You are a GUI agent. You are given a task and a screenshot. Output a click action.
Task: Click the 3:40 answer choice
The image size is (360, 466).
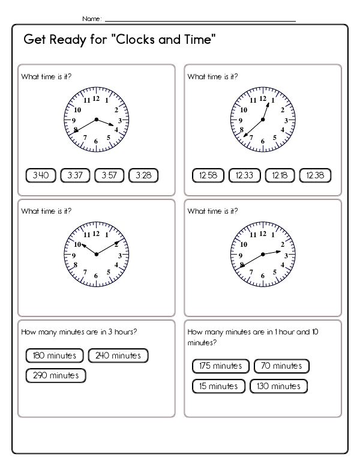(41, 175)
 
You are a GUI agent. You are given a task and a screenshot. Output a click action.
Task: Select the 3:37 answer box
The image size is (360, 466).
(75, 175)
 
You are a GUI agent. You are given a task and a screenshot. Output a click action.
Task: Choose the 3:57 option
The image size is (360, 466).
(109, 175)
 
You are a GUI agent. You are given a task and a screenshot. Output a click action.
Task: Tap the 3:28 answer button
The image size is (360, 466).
(143, 175)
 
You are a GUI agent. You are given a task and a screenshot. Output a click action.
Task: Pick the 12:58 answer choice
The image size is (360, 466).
(208, 175)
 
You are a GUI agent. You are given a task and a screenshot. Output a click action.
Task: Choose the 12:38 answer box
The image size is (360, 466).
(315, 175)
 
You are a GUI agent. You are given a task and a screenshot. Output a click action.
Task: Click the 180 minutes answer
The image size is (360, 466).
(55, 356)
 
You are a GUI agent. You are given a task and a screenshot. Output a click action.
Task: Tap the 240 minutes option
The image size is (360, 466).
(118, 356)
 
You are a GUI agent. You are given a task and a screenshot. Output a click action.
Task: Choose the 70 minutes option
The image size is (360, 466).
(281, 366)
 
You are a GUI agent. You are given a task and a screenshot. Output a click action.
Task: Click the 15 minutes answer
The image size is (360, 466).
(219, 386)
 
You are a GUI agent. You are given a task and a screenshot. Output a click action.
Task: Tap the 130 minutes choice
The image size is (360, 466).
(278, 386)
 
